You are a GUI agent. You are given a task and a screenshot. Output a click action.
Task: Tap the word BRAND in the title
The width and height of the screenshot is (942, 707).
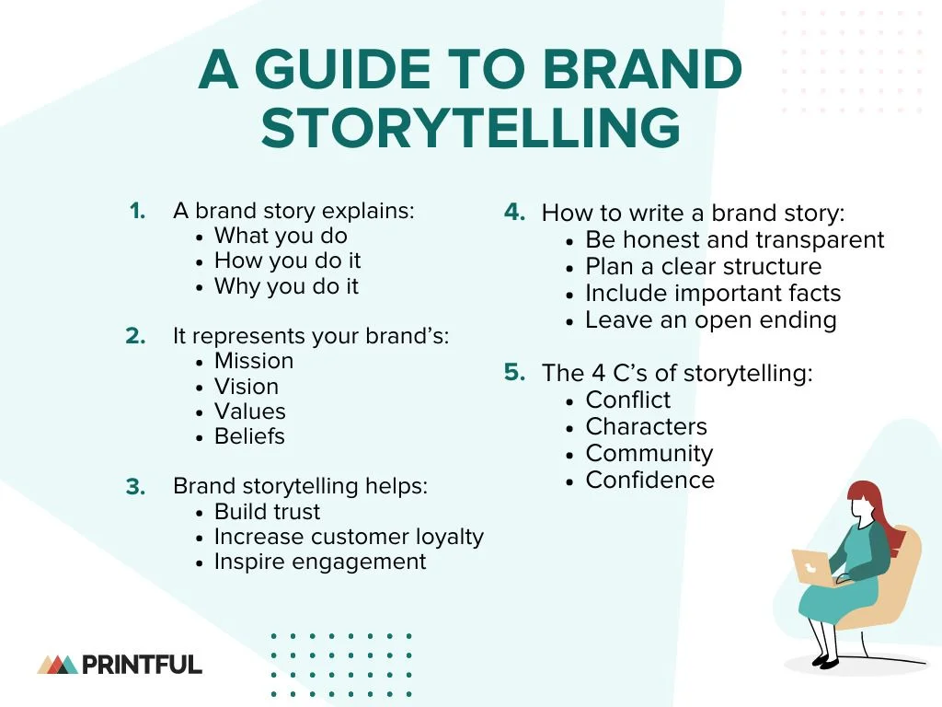click(641, 70)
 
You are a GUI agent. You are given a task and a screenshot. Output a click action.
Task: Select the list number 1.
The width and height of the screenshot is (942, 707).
click(137, 211)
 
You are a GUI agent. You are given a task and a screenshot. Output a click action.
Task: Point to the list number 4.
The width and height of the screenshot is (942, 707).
click(514, 212)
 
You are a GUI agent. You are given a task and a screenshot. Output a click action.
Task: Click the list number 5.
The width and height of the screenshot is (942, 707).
click(514, 372)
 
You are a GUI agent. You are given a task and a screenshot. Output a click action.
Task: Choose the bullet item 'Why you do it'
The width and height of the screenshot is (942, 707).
click(286, 286)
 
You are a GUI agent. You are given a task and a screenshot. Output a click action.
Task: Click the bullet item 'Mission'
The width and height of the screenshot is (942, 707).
click(254, 361)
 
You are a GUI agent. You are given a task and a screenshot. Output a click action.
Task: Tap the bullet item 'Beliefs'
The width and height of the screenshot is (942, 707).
click(249, 436)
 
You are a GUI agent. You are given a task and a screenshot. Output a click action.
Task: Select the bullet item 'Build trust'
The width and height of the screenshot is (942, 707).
click(267, 512)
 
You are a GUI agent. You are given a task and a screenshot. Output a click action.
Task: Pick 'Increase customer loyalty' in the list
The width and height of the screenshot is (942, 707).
click(349, 537)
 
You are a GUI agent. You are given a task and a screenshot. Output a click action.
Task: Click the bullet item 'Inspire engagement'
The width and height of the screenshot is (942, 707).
click(320, 562)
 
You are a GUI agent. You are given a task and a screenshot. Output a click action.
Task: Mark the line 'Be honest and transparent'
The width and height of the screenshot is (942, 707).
click(734, 240)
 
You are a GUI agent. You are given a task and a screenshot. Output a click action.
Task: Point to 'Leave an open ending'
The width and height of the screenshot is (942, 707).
click(710, 320)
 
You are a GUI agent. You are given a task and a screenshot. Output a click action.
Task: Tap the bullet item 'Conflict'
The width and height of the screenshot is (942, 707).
click(628, 400)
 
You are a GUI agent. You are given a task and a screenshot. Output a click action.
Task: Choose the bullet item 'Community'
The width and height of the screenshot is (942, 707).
click(649, 453)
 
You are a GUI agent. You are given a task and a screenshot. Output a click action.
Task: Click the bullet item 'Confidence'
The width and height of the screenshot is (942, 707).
click(649, 480)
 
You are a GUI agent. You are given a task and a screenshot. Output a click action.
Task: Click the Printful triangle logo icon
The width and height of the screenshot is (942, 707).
click(57, 664)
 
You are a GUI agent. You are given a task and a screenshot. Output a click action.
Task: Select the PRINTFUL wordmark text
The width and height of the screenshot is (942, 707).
click(143, 664)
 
